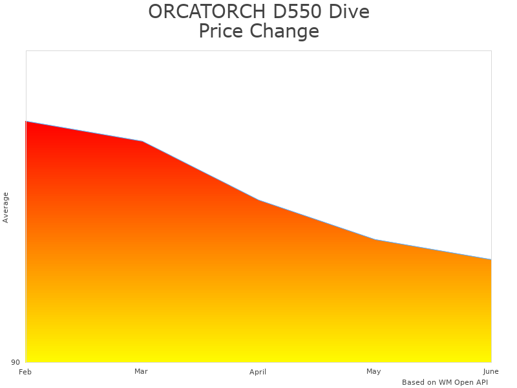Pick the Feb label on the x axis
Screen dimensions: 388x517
click(25, 372)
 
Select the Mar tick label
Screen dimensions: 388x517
click(141, 371)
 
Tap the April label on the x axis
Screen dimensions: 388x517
click(258, 372)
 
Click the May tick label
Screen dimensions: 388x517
click(374, 371)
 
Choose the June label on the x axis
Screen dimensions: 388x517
click(491, 371)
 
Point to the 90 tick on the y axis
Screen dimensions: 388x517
click(16, 362)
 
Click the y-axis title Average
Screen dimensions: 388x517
click(6, 207)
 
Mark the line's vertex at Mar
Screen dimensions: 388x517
click(142, 141)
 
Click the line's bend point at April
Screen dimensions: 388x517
click(258, 200)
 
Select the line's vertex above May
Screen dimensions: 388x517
click(375, 239)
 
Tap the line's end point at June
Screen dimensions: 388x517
click(491, 259)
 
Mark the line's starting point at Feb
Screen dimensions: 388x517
click(26, 121)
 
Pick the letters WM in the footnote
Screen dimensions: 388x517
click(445, 382)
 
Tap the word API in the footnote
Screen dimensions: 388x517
click(480, 382)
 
